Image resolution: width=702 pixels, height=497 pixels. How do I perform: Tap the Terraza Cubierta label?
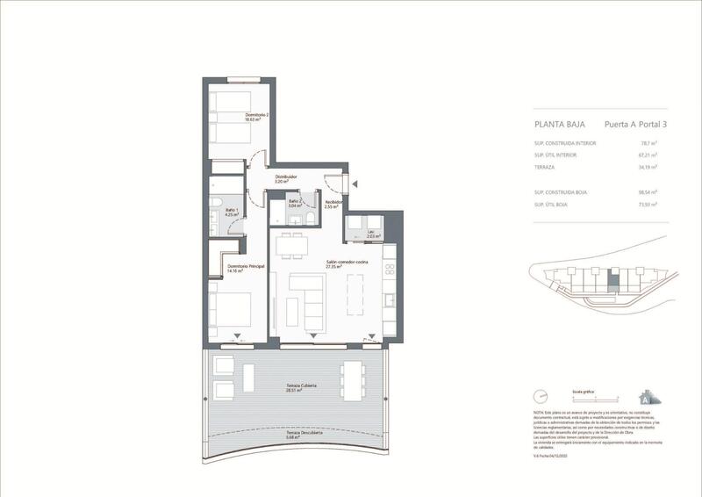click(x=300, y=387)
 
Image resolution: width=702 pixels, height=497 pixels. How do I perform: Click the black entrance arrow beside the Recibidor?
click(x=356, y=184)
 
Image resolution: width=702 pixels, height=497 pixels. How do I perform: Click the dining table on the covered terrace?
click(x=353, y=380)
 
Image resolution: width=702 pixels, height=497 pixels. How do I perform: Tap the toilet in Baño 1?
click(x=215, y=208)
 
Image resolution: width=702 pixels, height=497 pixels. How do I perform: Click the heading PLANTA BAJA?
click(x=559, y=125)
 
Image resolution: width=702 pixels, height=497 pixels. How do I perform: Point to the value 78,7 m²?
click(x=649, y=141)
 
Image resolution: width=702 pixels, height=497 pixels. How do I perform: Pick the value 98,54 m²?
click(x=648, y=191)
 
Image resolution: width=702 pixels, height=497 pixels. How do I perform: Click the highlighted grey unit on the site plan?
click(x=614, y=281)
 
